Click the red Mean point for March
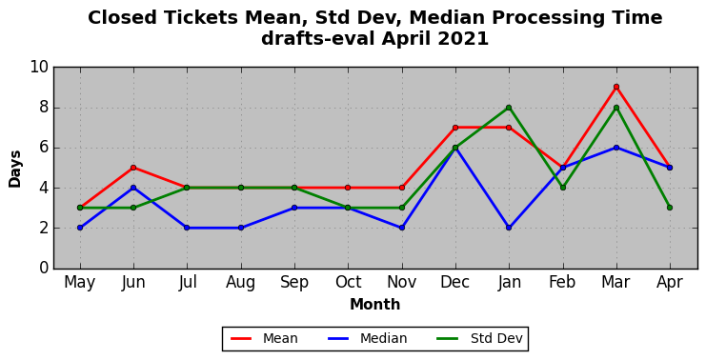pos(615,87)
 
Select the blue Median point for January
pos(509,228)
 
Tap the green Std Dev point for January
pos(509,108)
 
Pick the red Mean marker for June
pos(133,168)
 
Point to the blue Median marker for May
pos(80,228)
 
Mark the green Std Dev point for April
pos(670,208)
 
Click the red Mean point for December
pos(455,128)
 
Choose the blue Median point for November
pos(402,228)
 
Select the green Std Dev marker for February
pos(562,188)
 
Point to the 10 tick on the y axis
pos(39,67)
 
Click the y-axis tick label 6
pos(44,148)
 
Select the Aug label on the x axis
pos(241,283)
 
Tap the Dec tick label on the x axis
pos(455,283)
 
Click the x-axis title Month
pos(375,305)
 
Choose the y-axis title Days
pos(15,169)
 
